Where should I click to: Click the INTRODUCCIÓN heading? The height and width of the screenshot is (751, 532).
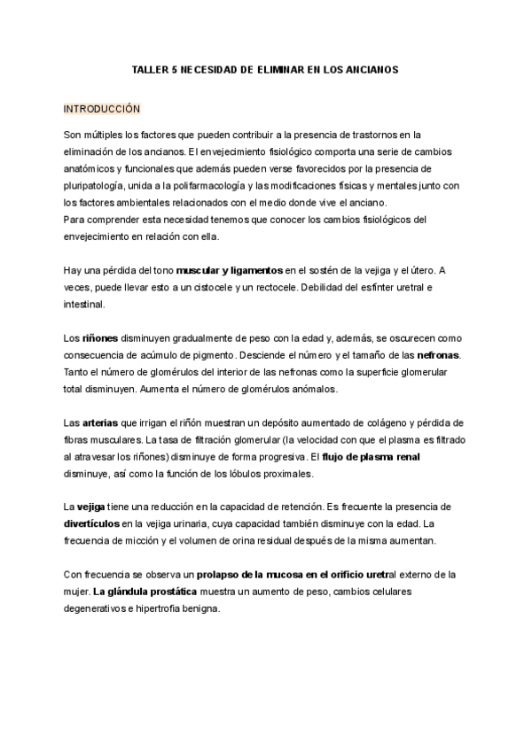(x=102, y=109)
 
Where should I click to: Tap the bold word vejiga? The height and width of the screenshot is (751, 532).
(x=91, y=507)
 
